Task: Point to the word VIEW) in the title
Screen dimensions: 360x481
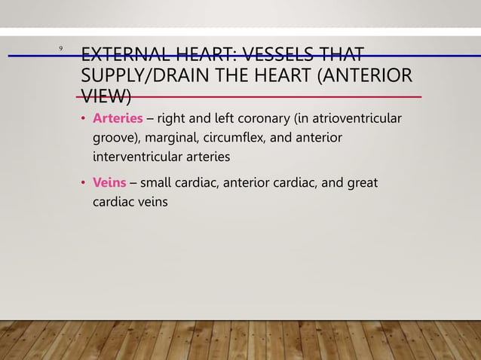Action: pos(106,97)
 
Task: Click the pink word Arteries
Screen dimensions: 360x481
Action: pos(118,119)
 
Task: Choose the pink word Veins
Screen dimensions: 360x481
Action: pos(109,182)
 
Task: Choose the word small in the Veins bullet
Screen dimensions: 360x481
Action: pos(156,182)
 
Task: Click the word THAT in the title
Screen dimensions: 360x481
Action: pos(340,56)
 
